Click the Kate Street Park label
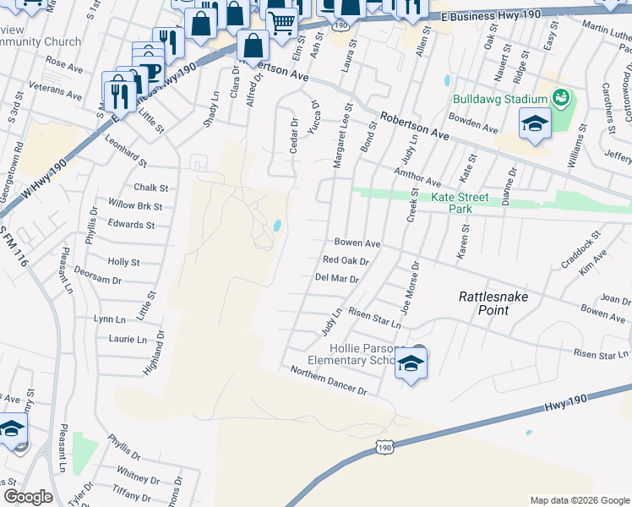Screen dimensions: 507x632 point(460,203)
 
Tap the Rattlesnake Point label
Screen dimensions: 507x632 point(495,303)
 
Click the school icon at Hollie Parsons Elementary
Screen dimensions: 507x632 point(411,363)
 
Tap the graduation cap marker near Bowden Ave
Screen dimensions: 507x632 point(535,124)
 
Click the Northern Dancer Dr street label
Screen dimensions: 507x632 point(328,381)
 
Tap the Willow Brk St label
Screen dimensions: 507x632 point(135,205)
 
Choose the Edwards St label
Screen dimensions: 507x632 point(131,226)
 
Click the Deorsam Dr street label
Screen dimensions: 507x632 point(98,280)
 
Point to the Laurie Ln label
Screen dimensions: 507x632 point(128,340)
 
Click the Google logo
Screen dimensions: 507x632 point(28,497)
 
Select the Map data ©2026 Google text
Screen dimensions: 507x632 point(579,500)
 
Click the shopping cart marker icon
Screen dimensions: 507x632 point(281,24)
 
